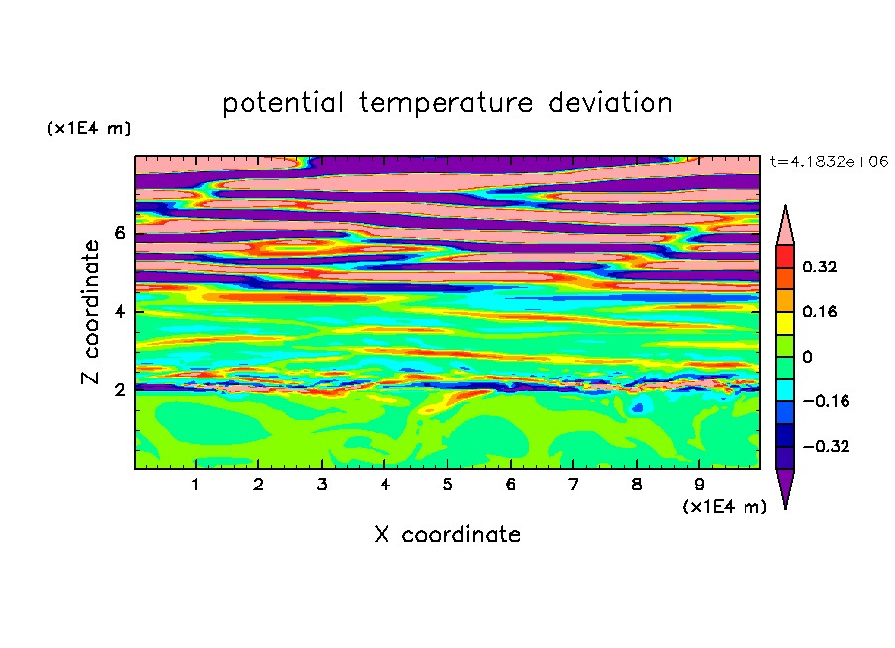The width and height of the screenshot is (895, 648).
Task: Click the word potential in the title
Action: (282, 104)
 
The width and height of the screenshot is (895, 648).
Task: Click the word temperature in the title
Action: (446, 104)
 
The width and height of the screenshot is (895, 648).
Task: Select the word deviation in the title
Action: (611, 103)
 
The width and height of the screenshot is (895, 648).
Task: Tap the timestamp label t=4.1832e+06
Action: (829, 162)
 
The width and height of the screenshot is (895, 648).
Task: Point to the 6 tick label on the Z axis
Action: (119, 233)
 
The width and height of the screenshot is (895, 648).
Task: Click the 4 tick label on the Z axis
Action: (119, 311)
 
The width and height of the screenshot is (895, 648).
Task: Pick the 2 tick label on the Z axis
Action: (119, 390)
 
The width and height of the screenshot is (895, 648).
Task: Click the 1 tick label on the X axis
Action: (196, 485)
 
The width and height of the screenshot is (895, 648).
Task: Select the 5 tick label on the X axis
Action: (447, 485)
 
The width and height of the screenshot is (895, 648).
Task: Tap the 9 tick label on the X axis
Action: (699, 485)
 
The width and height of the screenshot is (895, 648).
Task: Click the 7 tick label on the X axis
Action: (573, 485)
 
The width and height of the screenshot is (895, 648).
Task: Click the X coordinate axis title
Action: (447, 534)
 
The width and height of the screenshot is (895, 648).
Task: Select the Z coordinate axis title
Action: (90, 311)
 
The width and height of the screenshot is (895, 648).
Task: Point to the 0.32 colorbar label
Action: (819, 267)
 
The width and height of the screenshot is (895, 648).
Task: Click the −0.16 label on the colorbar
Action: (826, 401)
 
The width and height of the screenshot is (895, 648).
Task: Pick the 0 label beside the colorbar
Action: (807, 357)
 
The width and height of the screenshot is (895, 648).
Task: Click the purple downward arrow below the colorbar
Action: (785, 486)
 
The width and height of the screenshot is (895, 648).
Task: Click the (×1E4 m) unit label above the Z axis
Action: (88, 128)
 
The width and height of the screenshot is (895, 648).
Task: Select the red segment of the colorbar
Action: (785, 256)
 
